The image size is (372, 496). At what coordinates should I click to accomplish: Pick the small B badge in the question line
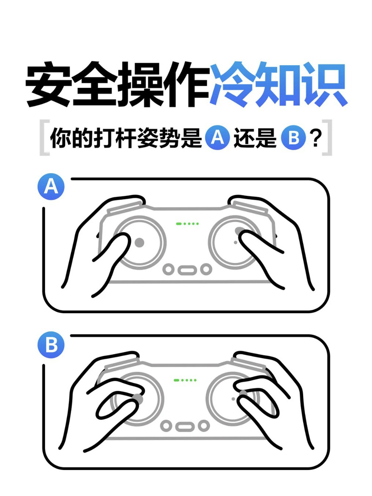(x=293, y=138)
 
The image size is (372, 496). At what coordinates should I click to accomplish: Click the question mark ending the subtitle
(x=316, y=138)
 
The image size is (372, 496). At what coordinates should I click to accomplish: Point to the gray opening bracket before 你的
(x=43, y=138)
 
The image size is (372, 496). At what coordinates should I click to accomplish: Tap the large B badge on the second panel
(x=50, y=345)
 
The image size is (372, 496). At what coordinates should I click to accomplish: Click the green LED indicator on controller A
(x=187, y=224)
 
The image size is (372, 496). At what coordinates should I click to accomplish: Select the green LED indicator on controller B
(x=186, y=380)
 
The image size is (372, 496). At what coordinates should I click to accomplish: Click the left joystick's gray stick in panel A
(x=139, y=242)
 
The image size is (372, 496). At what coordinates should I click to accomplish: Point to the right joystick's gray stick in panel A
(x=239, y=231)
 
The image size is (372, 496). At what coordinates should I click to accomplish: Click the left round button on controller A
(x=169, y=269)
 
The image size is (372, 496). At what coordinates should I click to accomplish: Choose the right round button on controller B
(x=203, y=425)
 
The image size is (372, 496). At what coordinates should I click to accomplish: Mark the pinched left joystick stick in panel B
(x=137, y=399)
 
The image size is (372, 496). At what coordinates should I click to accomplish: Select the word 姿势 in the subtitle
(x=153, y=138)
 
